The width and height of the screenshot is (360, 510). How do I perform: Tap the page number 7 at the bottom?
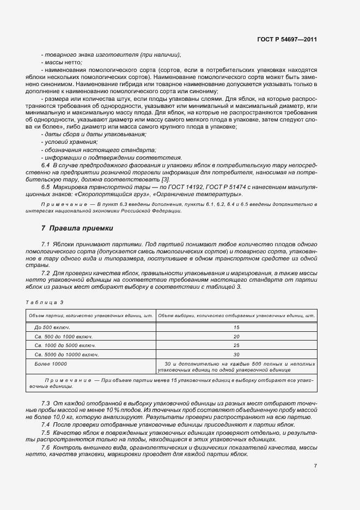click(x=315, y=466)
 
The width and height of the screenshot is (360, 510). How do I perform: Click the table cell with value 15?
click(x=236, y=327)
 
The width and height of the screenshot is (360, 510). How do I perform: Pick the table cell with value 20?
click(x=236, y=336)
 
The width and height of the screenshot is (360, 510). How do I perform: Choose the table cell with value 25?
click(x=236, y=345)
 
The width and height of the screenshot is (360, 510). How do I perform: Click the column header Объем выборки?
click(x=236, y=315)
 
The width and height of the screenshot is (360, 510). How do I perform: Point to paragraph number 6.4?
click(x=46, y=164)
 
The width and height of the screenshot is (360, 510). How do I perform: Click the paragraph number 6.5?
click(x=46, y=187)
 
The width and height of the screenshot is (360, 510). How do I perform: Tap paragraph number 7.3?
click(x=46, y=403)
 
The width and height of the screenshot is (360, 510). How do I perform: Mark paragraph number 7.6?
click(x=46, y=447)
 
